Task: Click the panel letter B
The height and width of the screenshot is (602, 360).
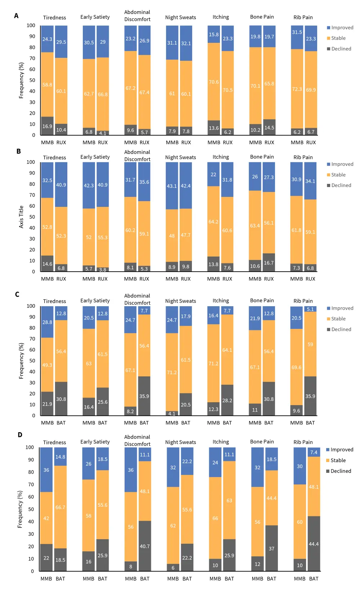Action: point(18,151)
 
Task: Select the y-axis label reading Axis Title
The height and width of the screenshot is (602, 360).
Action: point(21,217)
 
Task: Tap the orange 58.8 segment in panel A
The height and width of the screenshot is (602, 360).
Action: point(47,85)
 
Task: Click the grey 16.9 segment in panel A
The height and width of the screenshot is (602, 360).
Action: point(47,126)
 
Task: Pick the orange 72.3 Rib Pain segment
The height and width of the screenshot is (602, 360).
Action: point(297,89)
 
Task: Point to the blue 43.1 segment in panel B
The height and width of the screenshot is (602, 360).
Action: point(172,186)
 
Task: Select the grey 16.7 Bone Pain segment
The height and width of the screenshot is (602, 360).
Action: point(269,263)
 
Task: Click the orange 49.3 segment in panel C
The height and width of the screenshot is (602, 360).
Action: point(47,365)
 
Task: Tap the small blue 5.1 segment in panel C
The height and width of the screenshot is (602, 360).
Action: point(310,309)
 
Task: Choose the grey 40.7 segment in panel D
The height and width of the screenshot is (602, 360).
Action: point(145,546)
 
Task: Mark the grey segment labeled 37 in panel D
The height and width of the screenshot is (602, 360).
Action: point(271,548)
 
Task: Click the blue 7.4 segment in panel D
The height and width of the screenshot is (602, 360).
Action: point(314,452)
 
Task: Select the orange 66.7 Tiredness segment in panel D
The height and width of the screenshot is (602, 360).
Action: point(60,507)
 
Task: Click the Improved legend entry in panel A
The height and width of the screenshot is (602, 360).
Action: point(340,28)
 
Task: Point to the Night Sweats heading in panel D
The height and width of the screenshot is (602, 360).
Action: point(181,442)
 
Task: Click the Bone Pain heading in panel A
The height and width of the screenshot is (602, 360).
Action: point(262,17)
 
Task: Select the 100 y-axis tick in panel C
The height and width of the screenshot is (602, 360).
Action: point(31,306)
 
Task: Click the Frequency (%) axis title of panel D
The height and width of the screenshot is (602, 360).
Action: point(20,509)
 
